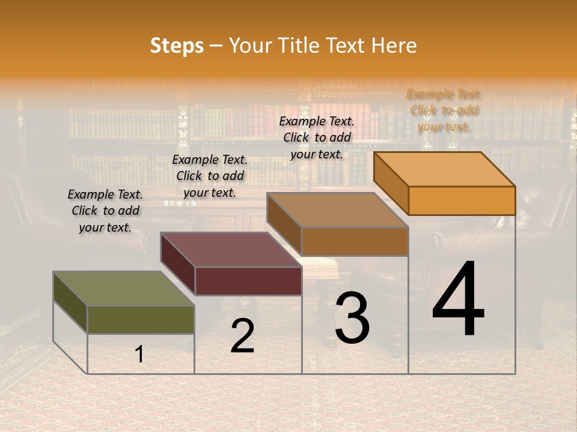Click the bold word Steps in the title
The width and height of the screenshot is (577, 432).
(177, 46)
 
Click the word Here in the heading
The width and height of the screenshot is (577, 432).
(394, 46)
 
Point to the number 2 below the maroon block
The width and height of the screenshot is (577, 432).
(242, 336)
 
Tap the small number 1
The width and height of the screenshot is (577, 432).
(139, 354)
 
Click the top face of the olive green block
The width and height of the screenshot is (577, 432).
(124, 289)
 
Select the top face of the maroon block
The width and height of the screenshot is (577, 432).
(231, 250)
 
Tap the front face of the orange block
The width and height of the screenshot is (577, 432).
(462, 200)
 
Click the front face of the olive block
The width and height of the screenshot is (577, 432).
(141, 319)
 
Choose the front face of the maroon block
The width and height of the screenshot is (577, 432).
(248, 281)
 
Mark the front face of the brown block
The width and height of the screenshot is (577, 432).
(355, 241)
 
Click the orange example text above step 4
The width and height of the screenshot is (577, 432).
(444, 110)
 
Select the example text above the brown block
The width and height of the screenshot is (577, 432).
(317, 137)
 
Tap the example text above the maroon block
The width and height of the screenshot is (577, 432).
(210, 176)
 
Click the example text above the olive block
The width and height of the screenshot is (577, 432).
(105, 211)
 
